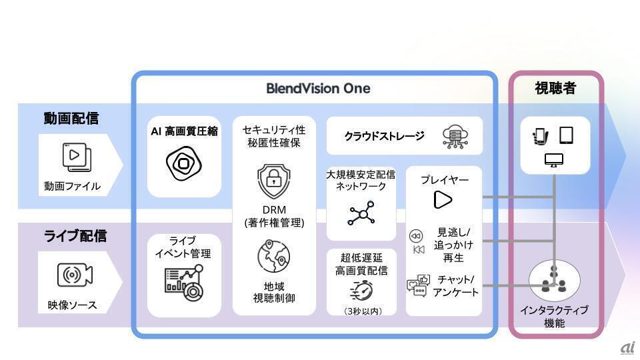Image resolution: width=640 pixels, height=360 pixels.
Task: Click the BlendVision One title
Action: coord(318,88)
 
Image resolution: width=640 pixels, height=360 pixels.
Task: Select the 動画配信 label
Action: coord(71,119)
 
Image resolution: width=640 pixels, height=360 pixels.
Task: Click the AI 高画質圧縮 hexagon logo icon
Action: coord(183,162)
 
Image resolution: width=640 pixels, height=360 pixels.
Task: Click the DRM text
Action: coord(273,210)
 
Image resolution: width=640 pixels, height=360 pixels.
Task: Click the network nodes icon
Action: coord(361,213)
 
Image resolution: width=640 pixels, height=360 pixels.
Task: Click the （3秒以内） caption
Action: coord(361,311)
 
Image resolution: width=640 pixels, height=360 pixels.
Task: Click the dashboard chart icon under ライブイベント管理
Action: coord(184,280)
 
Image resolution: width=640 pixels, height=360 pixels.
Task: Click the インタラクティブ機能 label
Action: coord(554,317)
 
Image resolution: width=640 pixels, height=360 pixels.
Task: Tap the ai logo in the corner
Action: coord(627,347)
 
